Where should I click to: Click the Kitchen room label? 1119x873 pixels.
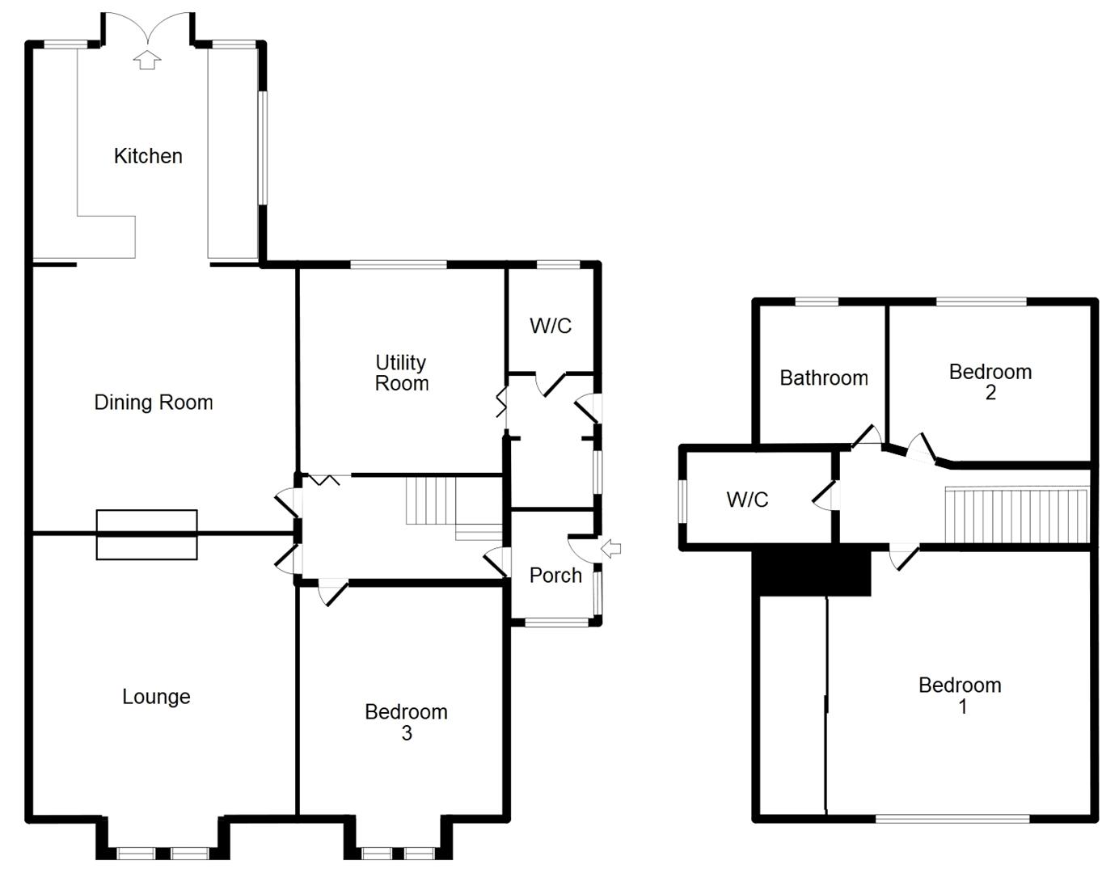coord(148,156)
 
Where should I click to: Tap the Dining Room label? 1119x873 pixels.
coord(154,403)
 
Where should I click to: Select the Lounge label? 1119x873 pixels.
coord(156,697)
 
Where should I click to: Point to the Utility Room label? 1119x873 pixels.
coord(401,373)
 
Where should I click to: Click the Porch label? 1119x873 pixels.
coord(555,576)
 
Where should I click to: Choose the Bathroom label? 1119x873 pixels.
coord(823,377)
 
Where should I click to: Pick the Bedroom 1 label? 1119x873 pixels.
coord(961,695)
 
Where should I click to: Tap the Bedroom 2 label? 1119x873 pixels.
coord(990,382)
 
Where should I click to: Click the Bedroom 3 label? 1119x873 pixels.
coord(406,722)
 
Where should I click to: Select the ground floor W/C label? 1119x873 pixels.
coord(551,326)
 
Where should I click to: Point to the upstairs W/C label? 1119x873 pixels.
coord(747,500)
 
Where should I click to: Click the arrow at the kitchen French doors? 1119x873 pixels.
coord(146,60)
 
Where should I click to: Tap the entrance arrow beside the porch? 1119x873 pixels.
coord(612,550)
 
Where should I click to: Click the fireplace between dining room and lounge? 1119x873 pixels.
coord(146,534)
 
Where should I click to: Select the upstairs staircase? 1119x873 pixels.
coord(1016,515)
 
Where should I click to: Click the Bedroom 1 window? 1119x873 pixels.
coord(952,819)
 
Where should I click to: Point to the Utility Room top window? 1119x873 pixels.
coord(398,264)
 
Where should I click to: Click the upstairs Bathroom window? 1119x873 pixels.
coord(817,302)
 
